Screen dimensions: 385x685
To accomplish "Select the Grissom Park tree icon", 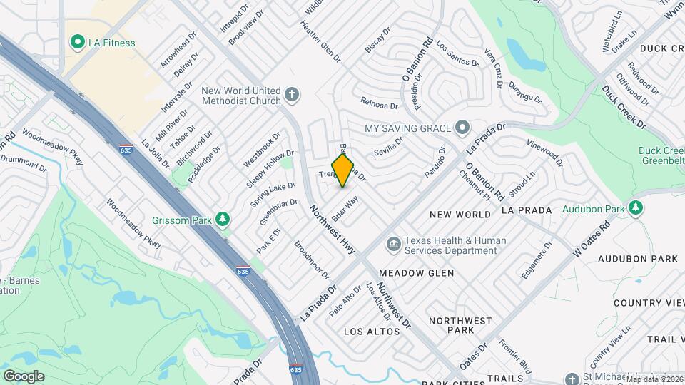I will tap(223, 220).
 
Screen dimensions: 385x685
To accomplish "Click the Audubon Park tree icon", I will tap(636, 209).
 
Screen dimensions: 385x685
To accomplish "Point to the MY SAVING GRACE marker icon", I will tap(463, 128).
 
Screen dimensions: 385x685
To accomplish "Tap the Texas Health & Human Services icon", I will tap(393, 245).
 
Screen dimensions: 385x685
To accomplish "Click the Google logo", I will tap(24, 376).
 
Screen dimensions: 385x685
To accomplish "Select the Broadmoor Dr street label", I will tap(312, 260).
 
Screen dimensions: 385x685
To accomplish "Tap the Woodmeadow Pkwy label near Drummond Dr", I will tap(53, 147).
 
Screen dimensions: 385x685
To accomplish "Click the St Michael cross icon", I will tap(572, 379).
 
